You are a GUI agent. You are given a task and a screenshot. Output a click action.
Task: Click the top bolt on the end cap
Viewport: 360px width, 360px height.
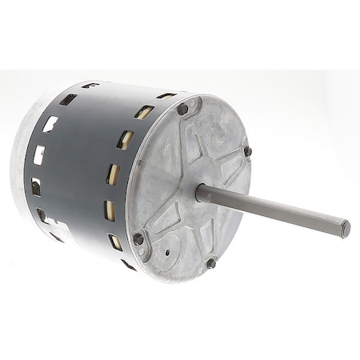(183, 109)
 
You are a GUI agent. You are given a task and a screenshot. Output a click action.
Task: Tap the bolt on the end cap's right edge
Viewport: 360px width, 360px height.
(247, 151)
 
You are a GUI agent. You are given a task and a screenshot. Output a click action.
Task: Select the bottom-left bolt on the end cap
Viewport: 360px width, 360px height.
(139, 238)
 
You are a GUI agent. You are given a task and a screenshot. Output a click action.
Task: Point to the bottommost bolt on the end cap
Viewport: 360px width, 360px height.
(211, 262)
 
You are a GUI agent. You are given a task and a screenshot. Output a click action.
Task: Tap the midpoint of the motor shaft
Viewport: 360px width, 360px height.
(272, 210)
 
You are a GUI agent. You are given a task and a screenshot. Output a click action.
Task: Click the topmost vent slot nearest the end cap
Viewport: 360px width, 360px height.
(145, 112)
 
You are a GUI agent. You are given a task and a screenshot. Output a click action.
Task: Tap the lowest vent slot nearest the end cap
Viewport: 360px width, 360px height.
(117, 241)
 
